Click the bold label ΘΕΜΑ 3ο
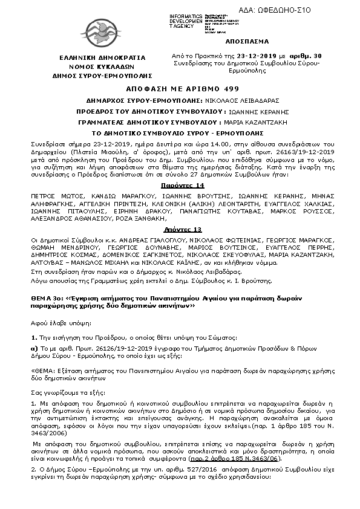46,298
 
